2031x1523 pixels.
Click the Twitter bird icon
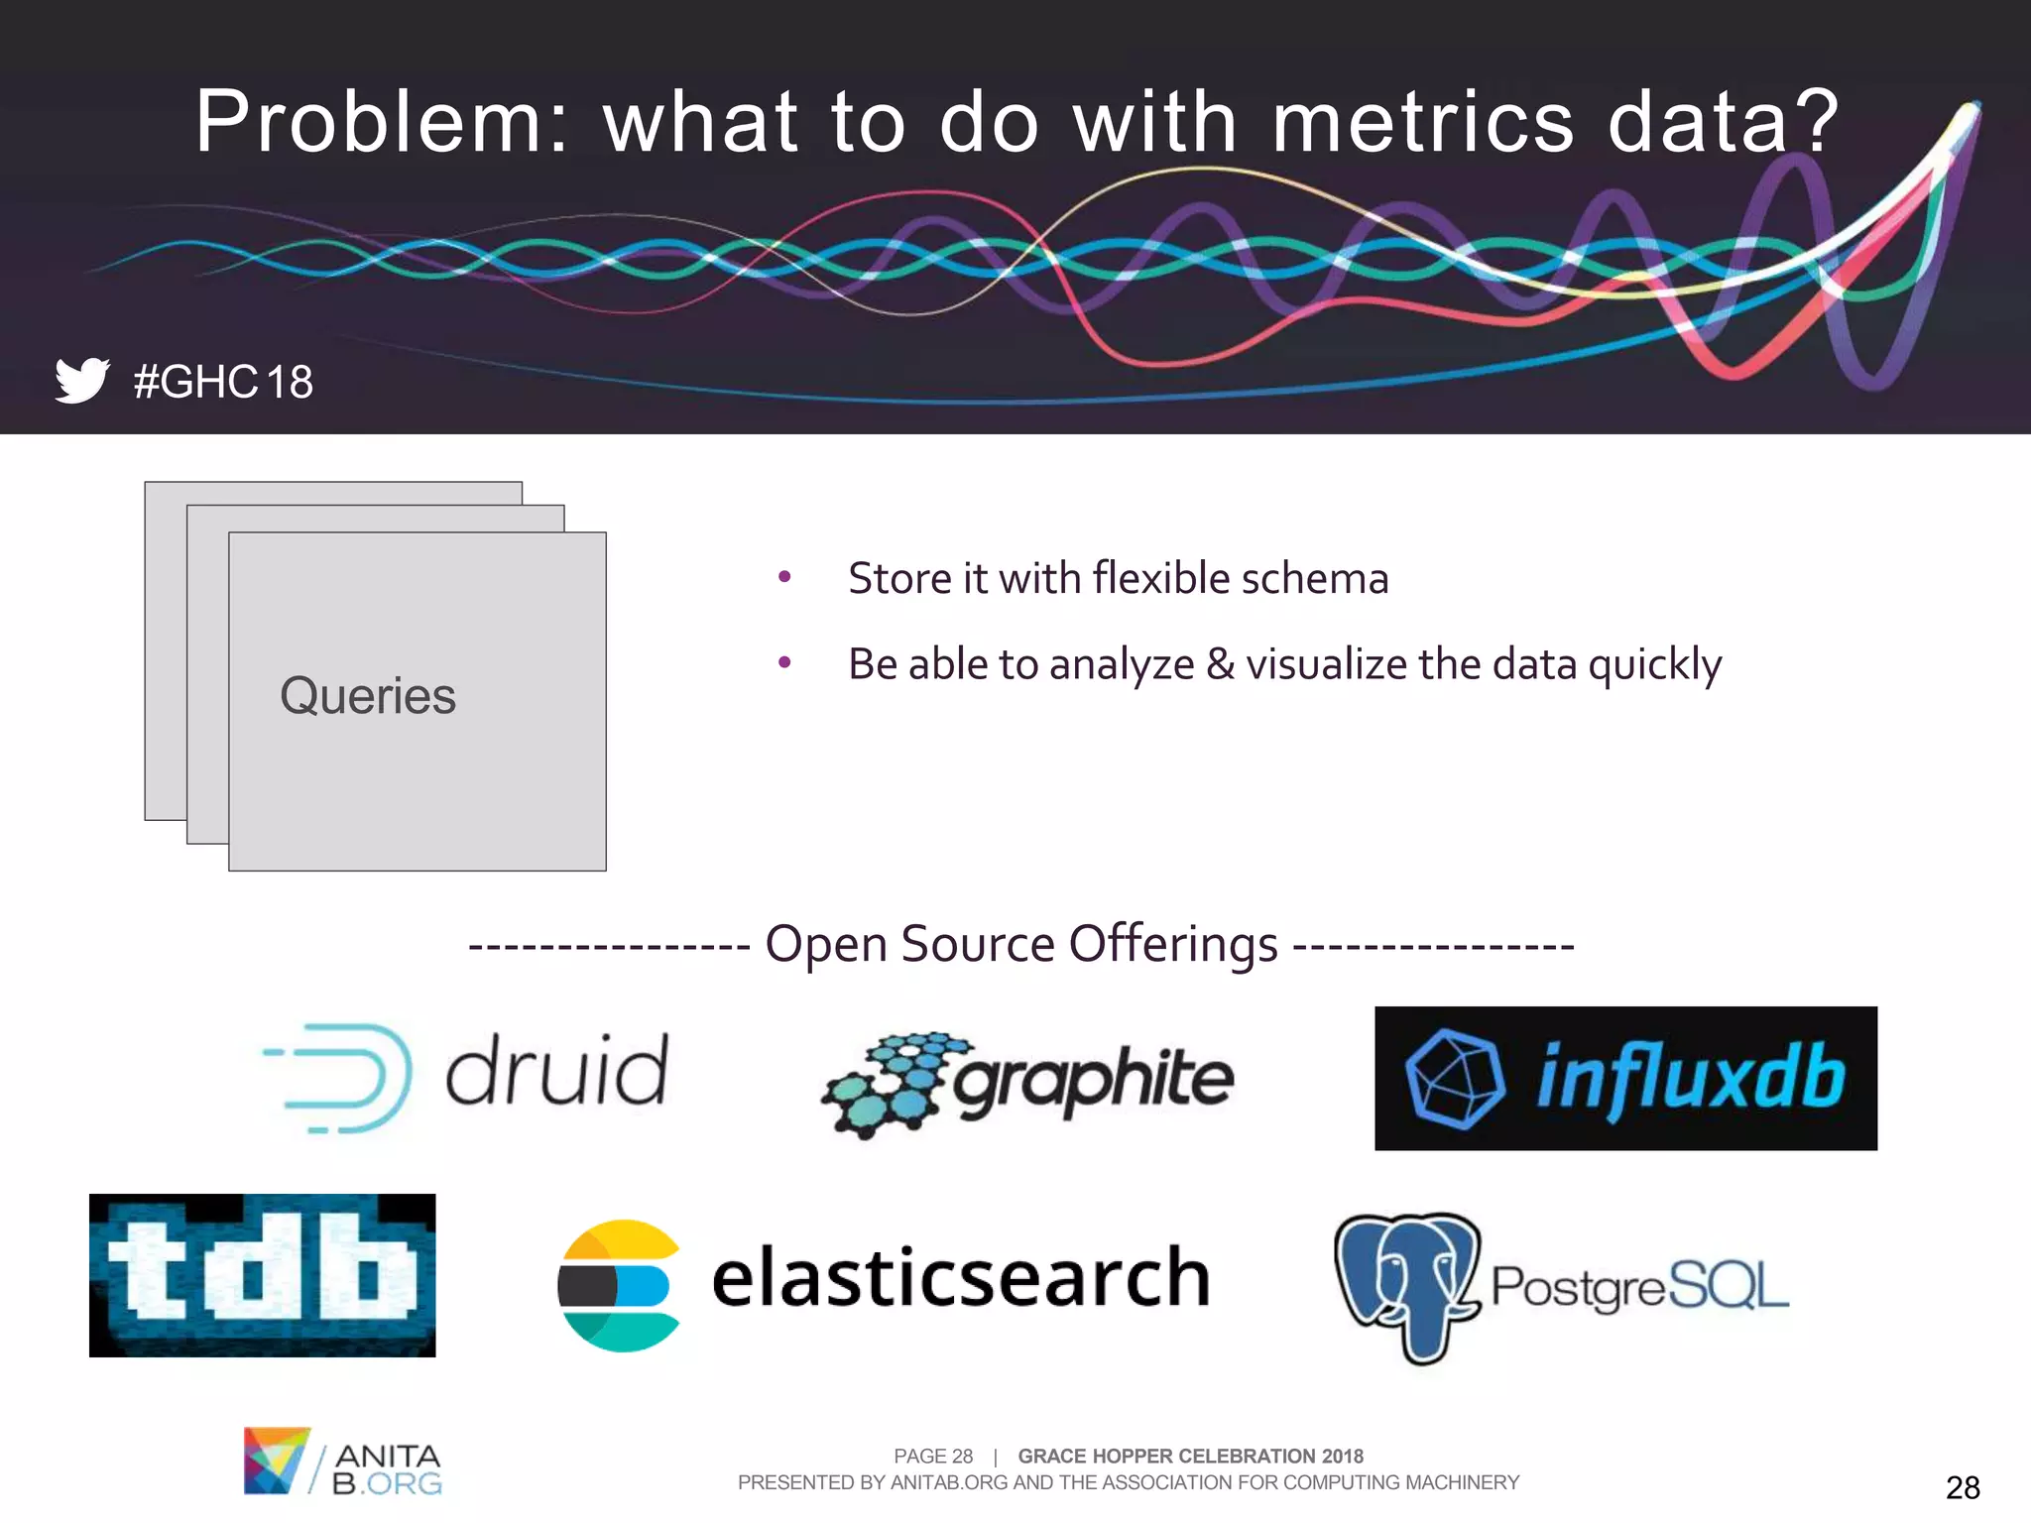[81, 381]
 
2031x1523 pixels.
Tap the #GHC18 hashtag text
[223, 382]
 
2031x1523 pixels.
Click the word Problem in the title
[367, 122]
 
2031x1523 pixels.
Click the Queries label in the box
[368, 696]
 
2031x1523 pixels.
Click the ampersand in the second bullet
[1220, 664]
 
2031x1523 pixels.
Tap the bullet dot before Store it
[784, 576]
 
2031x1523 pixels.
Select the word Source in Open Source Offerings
[976, 943]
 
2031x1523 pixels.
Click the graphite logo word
[1093, 1081]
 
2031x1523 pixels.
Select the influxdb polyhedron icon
[1453, 1079]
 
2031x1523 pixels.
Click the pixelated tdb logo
[262, 1275]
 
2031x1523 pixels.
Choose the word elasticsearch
[960, 1277]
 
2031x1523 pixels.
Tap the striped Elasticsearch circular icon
[619, 1285]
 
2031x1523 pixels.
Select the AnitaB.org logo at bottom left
[342, 1462]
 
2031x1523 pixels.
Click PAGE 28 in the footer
[932, 1456]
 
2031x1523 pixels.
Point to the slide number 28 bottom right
[1962, 1487]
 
